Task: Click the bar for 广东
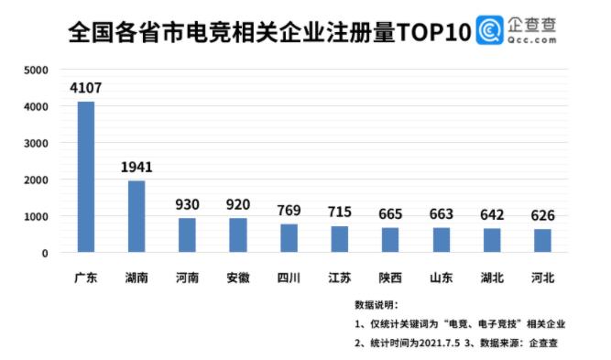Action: pyautogui.click(x=86, y=177)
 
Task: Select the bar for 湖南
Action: pyautogui.click(x=136, y=216)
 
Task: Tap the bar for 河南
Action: pyautogui.click(x=187, y=235)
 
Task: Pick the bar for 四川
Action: pyautogui.click(x=289, y=238)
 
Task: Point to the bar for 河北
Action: pyautogui.click(x=542, y=241)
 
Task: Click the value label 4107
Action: pyautogui.click(x=86, y=89)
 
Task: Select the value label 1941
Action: pyautogui.click(x=136, y=168)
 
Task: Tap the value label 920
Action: pyautogui.click(x=238, y=205)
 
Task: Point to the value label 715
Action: pyautogui.click(x=339, y=213)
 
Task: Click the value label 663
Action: pyautogui.click(x=441, y=214)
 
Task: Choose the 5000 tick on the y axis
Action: pyautogui.click(x=38, y=71)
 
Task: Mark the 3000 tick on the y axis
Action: pyautogui.click(x=38, y=144)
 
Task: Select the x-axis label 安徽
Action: pyautogui.click(x=238, y=276)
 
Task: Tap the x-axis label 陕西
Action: pyautogui.click(x=390, y=276)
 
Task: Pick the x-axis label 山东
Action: pyautogui.click(x=441, y=276)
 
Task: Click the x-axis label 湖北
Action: pyautogui.click(x=492, y=276)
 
